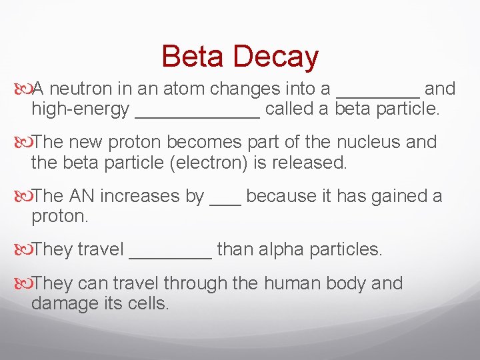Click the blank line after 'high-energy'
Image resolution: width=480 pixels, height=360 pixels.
[x=197, y=116]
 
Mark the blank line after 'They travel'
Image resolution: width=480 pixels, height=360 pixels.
[x=171, y=256]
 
